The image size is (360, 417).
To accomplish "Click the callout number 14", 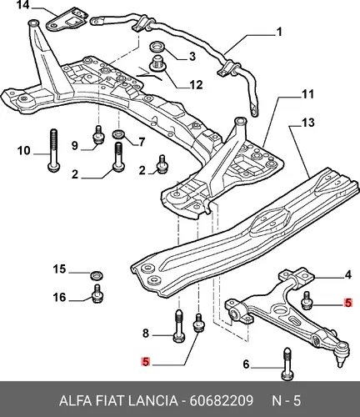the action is pyautogui.click(x=23, y=5).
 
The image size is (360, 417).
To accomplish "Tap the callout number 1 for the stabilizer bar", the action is pyautogui.click(x=279, y=32).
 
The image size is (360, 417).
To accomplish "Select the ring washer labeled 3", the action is pyautogui.click(x=157, y=47).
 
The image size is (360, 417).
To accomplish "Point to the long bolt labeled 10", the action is pyautogui.click(x=53, y=151).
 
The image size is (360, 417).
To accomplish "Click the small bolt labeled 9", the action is pyautogui.click(x=98, y=135).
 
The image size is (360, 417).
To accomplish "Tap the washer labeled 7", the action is pyautogui.click(x=119, y=134).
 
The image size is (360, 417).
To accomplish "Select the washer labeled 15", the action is pyautogui.click(x=97, y=274).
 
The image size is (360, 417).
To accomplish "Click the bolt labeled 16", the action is pyautogui.click(x=97, y=294).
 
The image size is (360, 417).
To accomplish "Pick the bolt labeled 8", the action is pyautogui.click(x=179, y=326).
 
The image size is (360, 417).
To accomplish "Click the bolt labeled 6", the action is pyautogui.click(x=287, y=364).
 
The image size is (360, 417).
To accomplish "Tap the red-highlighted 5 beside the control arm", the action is pyautogui.click(x=348, y=303).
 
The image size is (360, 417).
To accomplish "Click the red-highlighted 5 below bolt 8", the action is pyautogui.click(x=146, y=362).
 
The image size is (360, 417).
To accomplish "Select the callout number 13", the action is pyautogui.click(x=307, y=123).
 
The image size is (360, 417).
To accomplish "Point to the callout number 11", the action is pyautogui.click(x=307, y=94).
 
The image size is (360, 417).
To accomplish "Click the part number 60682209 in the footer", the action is pyautogui.click(x=222, y=401).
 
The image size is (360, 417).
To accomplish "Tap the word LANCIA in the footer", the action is pyautogui.click(x=152, y=401).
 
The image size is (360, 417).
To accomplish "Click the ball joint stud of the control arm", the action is pyautogui.click(x=341, y=362).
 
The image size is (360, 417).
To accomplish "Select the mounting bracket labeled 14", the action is pyautogui.click(x=66, y=19).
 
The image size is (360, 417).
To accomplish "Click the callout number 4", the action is pyautogui.click(x=347, y=275).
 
